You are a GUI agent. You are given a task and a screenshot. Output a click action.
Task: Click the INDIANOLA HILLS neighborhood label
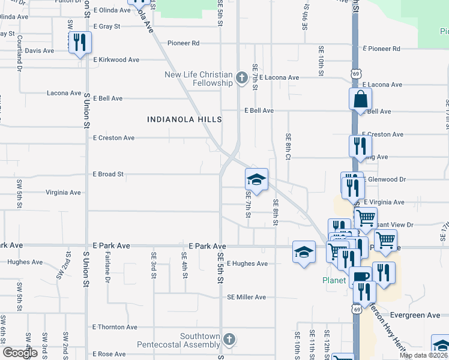(185, 119)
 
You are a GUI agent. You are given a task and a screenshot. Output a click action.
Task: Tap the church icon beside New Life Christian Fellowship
(241, 78)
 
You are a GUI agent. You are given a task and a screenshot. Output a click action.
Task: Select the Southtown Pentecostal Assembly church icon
(228, 340)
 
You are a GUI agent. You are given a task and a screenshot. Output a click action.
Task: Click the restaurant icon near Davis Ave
(79, 43)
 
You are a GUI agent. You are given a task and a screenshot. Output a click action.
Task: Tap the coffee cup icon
(361, 277)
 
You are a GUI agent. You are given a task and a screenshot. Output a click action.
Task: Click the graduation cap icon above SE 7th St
(256, 179)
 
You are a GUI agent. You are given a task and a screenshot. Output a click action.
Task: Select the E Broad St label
(108, 174)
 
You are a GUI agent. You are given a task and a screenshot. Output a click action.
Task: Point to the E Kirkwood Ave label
(116, 60)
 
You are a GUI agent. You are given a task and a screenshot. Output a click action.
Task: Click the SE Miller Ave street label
(246, 297)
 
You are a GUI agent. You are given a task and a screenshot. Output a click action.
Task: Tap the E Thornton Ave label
(115, 327)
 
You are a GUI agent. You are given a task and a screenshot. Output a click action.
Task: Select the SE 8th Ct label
(288, 146)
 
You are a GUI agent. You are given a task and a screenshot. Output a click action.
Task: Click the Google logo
(20, 353)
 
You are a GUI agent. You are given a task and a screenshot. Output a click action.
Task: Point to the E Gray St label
(107, 26)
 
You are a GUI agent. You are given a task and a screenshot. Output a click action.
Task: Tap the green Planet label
(333, 280)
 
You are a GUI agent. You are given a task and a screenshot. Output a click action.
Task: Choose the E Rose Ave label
(109, 354)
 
